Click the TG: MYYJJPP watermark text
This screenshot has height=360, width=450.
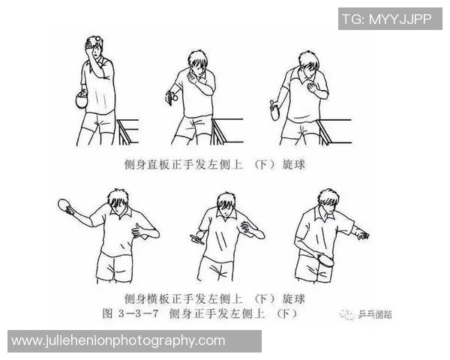point(386,19)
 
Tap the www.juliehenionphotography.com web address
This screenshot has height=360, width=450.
point(118,340)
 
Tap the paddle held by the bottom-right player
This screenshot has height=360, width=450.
point(327,262)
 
